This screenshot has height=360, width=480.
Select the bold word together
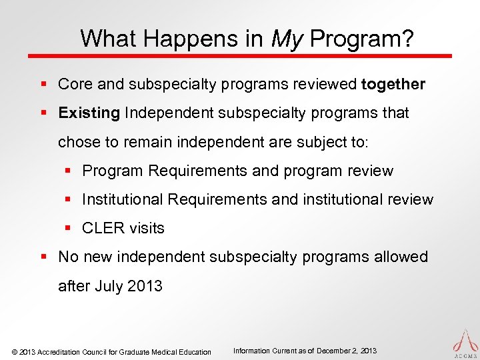pos(393,85)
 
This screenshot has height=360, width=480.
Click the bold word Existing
pos(89,113)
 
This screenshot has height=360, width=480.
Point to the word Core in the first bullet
pos(75,85)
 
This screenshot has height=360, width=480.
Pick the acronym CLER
pos(102,228)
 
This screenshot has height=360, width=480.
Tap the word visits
pos(146,228)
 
